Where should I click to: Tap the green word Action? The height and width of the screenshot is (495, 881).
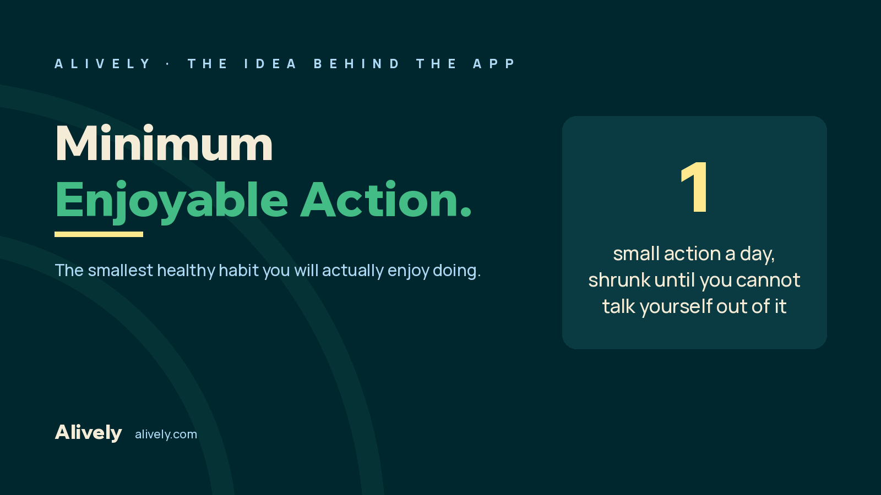(386, 199)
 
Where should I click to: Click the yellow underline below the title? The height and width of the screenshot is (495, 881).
(99, 234)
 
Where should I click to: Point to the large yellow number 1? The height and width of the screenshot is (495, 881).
(694, 188)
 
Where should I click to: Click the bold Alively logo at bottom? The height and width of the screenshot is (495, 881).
(89, 432)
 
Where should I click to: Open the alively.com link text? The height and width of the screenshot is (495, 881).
(166, 435)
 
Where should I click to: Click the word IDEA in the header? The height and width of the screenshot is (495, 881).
(270, 64)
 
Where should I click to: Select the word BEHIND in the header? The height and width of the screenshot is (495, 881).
(356, 64)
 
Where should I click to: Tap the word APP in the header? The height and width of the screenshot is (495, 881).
(494, 64)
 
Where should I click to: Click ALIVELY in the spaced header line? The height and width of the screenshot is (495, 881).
(102, 64)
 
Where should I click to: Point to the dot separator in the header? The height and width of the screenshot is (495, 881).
(168, 64)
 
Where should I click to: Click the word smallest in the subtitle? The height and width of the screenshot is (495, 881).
(121, 270)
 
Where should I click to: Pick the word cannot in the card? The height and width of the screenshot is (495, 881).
(768, 280)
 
